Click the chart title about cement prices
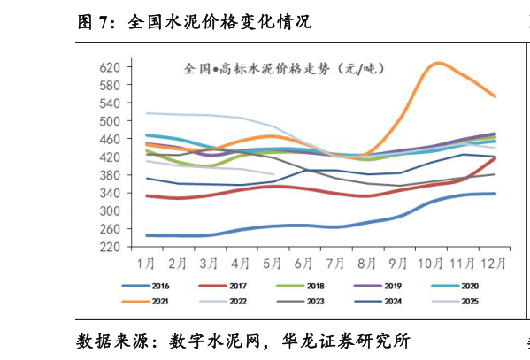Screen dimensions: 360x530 (284, 68)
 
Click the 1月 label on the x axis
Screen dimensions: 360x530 (146, 263)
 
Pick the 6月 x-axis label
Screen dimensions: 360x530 (303, 263)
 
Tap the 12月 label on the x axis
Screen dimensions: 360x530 (492, 263)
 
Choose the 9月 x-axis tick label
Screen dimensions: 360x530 (397, 263)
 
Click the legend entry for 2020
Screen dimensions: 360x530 (461, 287)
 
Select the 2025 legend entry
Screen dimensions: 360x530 (461, 303)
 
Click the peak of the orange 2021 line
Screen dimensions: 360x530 (437, 63)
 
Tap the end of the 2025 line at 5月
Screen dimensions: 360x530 (272, 174)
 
